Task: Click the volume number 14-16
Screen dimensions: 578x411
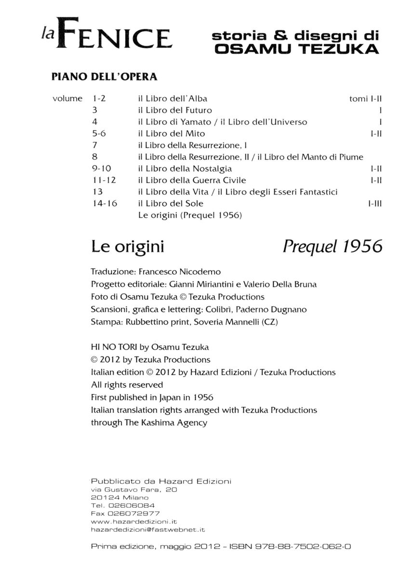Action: [105, 204]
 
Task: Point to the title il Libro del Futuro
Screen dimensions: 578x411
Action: [175, 110]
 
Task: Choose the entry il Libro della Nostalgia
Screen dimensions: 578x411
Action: [185, 169]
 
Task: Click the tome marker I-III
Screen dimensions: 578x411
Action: [374, 204]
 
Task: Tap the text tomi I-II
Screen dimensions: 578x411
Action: [365, 99]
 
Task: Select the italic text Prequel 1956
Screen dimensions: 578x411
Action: [332, 247]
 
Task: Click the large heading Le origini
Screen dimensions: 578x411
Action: [128, 247]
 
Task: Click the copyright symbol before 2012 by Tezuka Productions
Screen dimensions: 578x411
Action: [94, 360]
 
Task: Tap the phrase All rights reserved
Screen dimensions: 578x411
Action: [127, 385]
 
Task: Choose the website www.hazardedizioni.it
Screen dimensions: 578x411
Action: [134, 522]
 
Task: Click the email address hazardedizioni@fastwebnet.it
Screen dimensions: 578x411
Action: [148, 529]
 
